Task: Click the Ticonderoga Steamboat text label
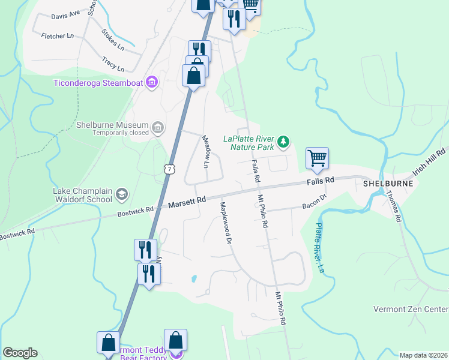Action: point(98,83)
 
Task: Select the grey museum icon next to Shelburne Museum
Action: point(158,127)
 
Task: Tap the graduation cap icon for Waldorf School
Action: point(122,193)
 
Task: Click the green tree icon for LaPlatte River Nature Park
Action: point(283,142)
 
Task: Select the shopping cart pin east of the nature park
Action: point(317,159)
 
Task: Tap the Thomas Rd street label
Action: point(393,206)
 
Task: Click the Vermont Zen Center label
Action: point(411,309)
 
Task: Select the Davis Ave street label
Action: point(65,14)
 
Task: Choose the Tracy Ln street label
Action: point(113,64)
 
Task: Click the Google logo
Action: point(20,353)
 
